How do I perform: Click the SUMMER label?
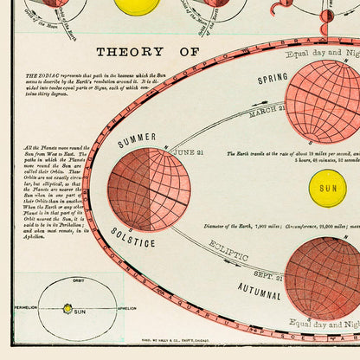138,138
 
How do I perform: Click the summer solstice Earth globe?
149,188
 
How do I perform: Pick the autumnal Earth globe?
323,277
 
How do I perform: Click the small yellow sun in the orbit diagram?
67,308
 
